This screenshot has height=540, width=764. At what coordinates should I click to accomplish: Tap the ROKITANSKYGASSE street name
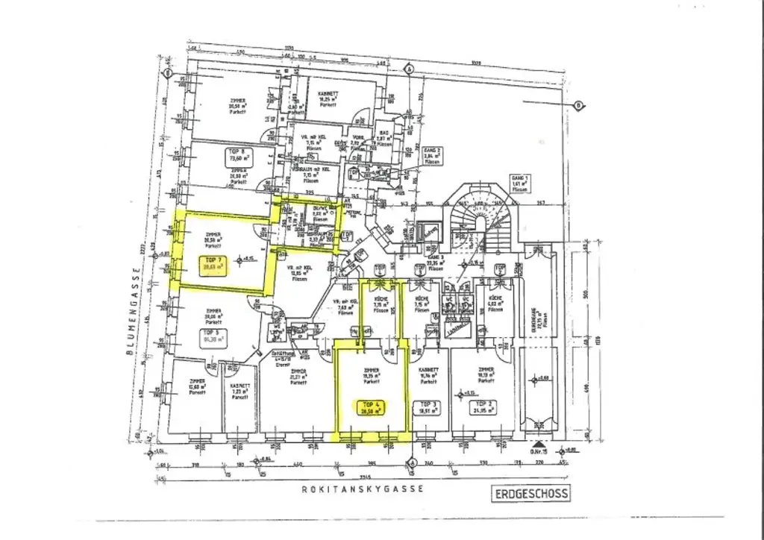pos(363,489)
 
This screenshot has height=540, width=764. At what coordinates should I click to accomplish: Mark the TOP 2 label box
pos(486,407)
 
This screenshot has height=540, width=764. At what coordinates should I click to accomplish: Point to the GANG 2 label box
pos(433,155)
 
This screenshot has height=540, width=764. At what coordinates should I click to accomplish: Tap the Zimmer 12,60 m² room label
pos(197,387)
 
